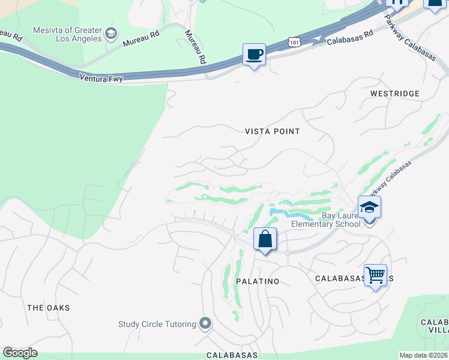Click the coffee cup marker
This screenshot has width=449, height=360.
coord(254,55)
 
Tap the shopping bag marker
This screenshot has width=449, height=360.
coord(265,239)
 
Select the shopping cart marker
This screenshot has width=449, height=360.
coord(375,275)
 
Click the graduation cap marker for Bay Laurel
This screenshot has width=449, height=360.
coord(370,208)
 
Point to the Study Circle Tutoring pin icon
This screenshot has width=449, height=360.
coord(205,324)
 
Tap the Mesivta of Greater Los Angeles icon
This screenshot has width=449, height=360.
coord(111,34)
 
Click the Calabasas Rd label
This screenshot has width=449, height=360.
coord(350,38)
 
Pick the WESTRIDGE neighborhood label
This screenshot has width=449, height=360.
coord(394,94)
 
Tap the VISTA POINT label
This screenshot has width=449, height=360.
coord(272,131)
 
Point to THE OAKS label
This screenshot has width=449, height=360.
coord(49,307)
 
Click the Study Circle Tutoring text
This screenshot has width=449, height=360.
coord(157,324)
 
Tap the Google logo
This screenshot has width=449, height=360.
coord(20,353)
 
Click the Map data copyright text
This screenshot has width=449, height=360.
coord(423,355)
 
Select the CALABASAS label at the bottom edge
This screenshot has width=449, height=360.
coord(232,355)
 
